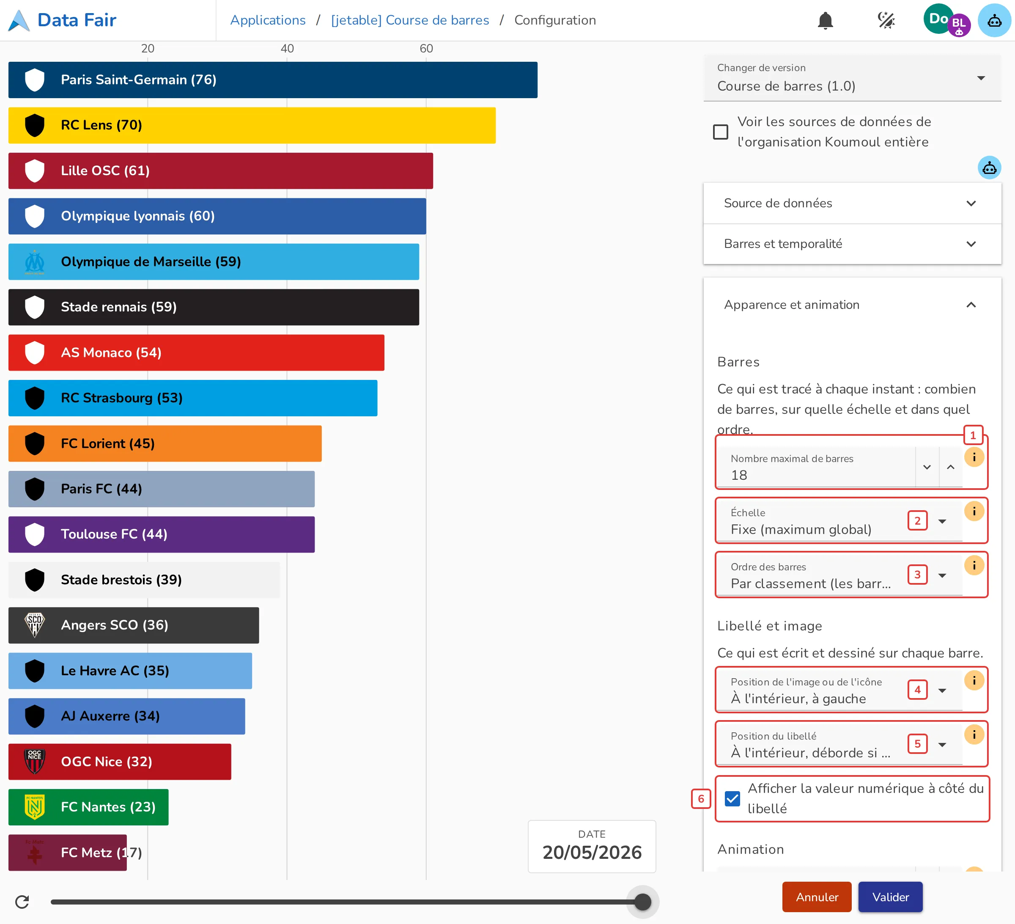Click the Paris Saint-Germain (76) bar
[273, 80]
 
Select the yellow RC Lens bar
[252, 125]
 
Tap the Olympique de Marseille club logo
[35, 262]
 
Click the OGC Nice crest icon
[35, 762]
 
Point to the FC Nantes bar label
[108, 807]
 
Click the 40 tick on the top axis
[287, 48]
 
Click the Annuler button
[817, 897]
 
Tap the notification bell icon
[825, 21]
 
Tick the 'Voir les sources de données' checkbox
[721, 132]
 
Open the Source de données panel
[852, 203]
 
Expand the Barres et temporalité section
[852, 244]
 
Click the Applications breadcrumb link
[268, 20]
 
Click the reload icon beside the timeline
[22, 901]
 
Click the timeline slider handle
[642, 901]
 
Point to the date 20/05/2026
[592, 852]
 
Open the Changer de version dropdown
[852, 78]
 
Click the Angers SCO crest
[35, 625]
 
